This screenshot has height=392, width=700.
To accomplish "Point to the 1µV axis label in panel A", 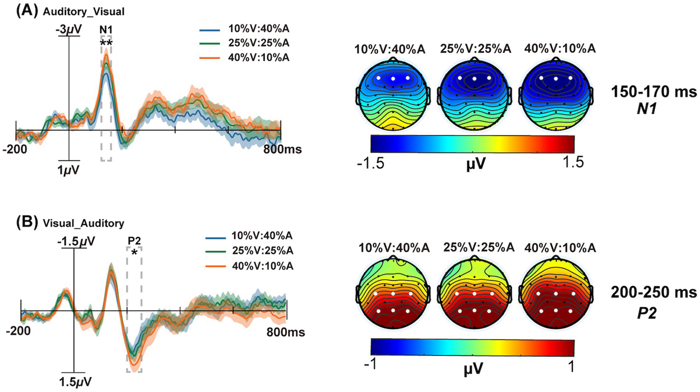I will [x=68, y=170].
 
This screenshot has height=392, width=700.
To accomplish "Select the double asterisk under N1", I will [x=106, y=44].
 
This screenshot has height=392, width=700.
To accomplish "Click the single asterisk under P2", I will [x=134, y=253].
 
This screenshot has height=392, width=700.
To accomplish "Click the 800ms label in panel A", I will [x=283, y=149].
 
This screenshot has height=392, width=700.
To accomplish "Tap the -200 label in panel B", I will [x=18, y=330].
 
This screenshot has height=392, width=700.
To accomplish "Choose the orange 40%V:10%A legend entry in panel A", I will [x=259, y=57].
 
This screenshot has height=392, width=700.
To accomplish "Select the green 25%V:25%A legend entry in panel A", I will [x=259, y=43].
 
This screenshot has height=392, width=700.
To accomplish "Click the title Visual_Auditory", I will [x=83, y=223].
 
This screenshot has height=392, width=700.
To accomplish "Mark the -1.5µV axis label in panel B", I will [x=76, y=241].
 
